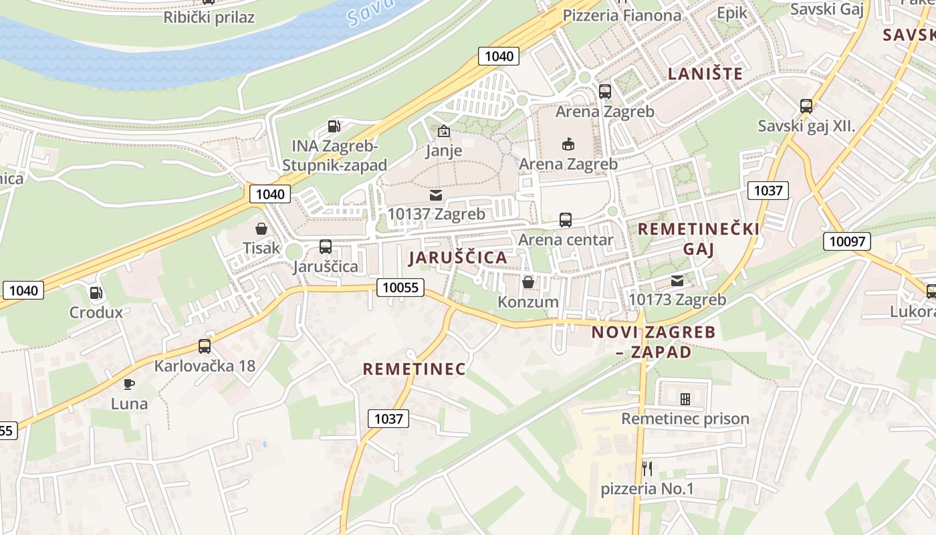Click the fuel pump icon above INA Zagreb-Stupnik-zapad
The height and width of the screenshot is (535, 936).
[334, 126]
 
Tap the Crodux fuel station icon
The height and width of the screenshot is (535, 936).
[96, 293]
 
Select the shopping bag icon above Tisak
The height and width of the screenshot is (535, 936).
[261, 229]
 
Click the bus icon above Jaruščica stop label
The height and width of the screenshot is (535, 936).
[326, 247]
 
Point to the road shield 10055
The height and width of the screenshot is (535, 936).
[400, 288]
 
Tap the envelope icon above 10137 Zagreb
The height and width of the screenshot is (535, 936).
[436, 195]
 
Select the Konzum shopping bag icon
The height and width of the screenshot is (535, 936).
[528, 282]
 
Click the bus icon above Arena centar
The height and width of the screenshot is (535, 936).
[566, 220]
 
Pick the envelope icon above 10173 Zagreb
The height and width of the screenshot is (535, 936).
[677, 280]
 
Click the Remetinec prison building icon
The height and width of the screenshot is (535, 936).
[685, 399]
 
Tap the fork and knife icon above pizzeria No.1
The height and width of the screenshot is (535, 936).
[647, 468]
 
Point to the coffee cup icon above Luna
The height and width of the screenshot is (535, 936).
[129, 384]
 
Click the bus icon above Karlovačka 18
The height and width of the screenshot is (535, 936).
[205, 346]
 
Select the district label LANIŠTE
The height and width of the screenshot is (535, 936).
[705, 74]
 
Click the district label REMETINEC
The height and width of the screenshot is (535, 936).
[414, 369]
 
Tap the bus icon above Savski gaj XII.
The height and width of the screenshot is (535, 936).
[806, 106]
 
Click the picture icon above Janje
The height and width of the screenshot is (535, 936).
[444, 131]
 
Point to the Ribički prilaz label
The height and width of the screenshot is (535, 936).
[209, 17]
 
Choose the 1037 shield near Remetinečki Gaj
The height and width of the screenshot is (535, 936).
[768, 191]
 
